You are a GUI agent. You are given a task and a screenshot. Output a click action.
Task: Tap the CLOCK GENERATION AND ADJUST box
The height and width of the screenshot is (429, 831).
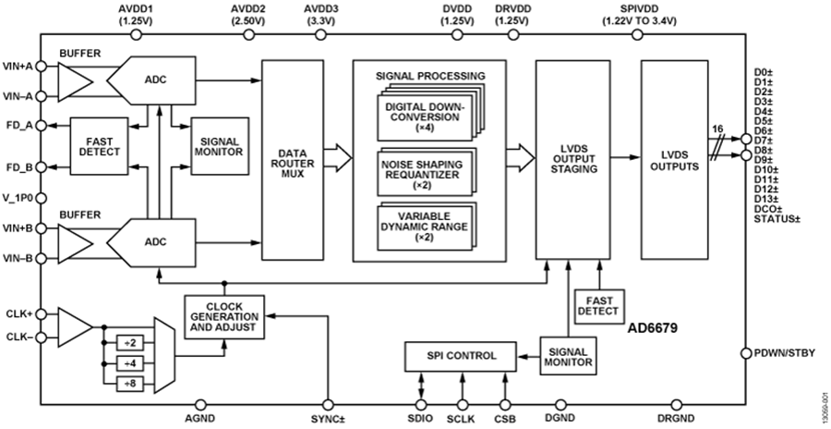[223, 316]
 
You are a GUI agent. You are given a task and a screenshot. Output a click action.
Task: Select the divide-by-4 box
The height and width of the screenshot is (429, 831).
[131, 363]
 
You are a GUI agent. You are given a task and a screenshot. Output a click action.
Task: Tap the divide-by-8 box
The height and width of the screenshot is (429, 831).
[131, 383]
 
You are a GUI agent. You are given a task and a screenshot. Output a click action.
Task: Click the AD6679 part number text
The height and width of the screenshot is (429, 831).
[654, 327]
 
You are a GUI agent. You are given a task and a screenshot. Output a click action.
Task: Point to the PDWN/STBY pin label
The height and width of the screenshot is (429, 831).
[786, 353]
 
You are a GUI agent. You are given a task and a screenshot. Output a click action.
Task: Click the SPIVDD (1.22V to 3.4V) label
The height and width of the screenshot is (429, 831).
[634, 15]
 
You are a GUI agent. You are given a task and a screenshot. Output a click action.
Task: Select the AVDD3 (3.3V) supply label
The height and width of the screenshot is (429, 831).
[321, 15]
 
